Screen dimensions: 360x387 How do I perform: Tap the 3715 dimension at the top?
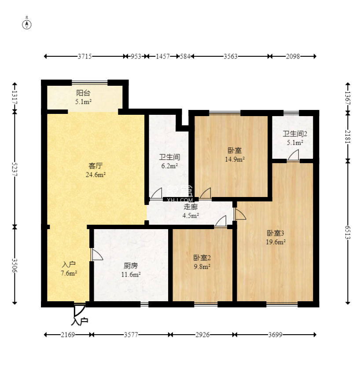pos(84,57)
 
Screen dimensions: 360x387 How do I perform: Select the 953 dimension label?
pos(136,57)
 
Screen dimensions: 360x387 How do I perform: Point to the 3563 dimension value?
pos(230,57)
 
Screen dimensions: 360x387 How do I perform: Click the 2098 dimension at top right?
pos(293,57)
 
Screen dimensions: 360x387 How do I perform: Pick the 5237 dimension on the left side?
pos(15,169)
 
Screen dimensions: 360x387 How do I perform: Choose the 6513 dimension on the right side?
pos(348,232)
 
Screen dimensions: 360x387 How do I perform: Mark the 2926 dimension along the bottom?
pos(202,335)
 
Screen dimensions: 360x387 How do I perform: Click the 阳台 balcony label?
pos(83,93)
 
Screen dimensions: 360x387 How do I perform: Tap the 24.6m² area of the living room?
pos(96,175)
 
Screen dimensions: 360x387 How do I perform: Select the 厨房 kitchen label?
pos(131,266)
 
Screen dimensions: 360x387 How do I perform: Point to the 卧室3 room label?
pos(276,233)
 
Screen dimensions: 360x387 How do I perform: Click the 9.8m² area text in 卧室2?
pos(202,267)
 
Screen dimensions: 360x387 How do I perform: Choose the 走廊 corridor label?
pos(191,207)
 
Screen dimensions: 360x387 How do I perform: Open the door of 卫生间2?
pos(293,156)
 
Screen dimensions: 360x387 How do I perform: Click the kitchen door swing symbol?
pos(97,254)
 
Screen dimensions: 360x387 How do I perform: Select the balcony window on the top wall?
pos(90,82)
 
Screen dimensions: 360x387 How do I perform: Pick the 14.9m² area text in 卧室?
pos(235,159)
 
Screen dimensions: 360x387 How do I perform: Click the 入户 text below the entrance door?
pos(80,321)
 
